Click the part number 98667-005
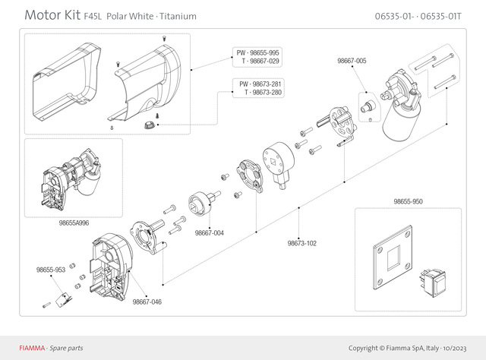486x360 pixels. pyautogui.click(x=352, y=61)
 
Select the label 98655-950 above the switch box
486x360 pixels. pyautogui.click(x=408, y=202)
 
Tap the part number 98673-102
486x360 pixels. pyautogui.click(x=302, y=243)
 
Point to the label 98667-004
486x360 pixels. pyautogui.click(x=209, y=232)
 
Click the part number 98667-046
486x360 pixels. pyautogui.click(x=147, y=302)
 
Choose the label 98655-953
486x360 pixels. pyautogui.click(x=50, y=270)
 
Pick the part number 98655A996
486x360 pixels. pyautogui.click(x=74, y=223)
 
